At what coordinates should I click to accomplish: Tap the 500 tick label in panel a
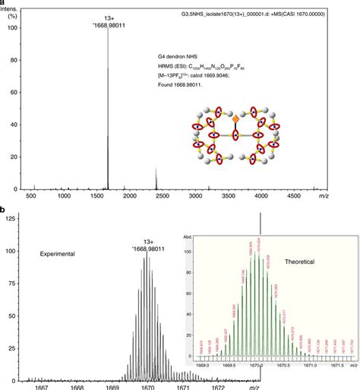point(32,196)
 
